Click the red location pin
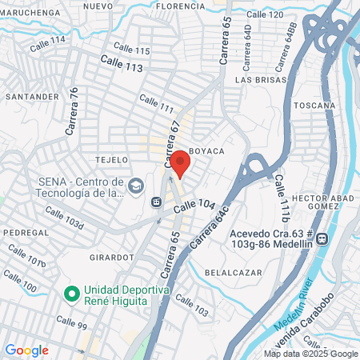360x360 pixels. click(x=181, y=162)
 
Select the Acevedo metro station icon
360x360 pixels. click(x=322, y=238)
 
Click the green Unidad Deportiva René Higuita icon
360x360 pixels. click(x=71, y=294)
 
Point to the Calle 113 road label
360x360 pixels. click(x=122, y=64)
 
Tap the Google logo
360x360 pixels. click(x=26, y=350)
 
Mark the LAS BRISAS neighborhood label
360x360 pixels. click(x=256, y=80)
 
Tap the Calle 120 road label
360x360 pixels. click(x=265, y=14)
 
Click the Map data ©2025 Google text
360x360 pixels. click(x=311, y=354)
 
